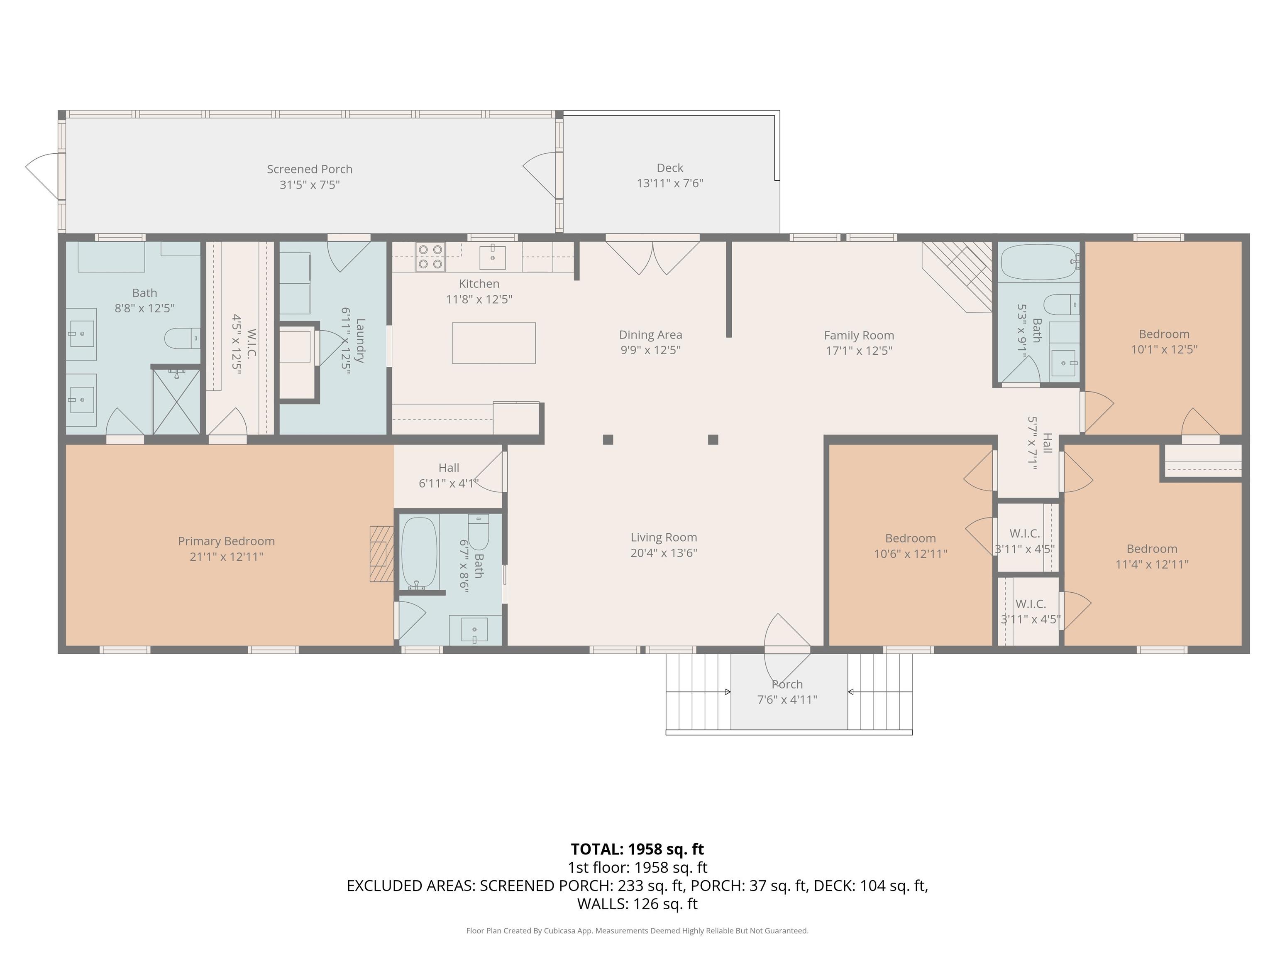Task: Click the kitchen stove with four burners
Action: (x=430, y=257)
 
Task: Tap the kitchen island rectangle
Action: (x=493, y=343)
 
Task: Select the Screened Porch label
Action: (x=310, y=169)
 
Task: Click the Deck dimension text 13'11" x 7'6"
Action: (x=670, y=184)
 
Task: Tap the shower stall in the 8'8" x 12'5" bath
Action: (x=176, y=402)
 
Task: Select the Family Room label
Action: (x=858, y=335)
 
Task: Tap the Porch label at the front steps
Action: (x=787, y=684)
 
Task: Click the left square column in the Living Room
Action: (x=608, y=439)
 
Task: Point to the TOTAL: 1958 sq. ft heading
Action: (x=637, y=849)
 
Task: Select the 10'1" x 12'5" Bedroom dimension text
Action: (x=1164, y=350)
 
